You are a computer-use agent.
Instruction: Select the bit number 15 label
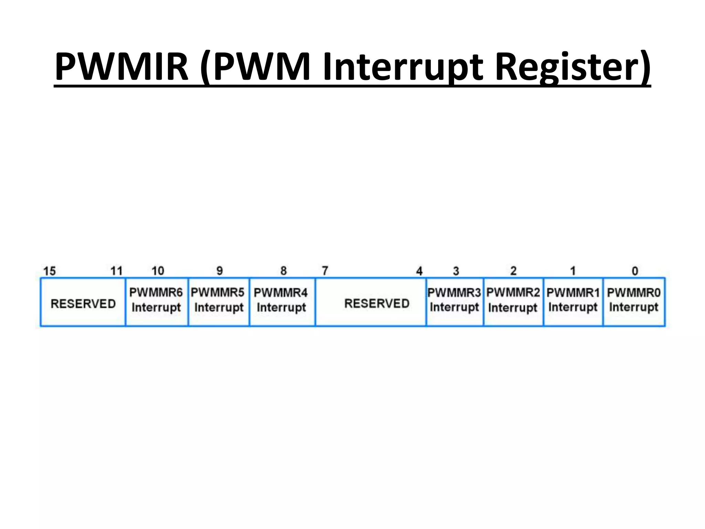pyautogui.click(x=49, y=271)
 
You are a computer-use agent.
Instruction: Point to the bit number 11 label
pyautogui.click(x=116, y=271)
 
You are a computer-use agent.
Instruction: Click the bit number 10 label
pyautogui.click(x=158, y=271)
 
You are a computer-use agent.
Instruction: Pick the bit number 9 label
pyautogui.click(x=220, y=271)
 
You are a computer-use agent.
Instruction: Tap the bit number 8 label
pyautogui.click(x=283, y=271)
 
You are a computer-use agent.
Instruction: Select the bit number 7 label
pyautogui.click(x=325, y=271)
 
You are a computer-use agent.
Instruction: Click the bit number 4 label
pyautogui.click(x=419, y=271)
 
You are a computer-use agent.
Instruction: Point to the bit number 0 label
pyautogui.click(x=635, y=271)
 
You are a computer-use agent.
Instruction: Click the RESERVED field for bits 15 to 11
pyautogui.click(x=83, y=303)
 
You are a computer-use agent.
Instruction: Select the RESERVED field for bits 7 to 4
pyautogui.click(x=377, y=303)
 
